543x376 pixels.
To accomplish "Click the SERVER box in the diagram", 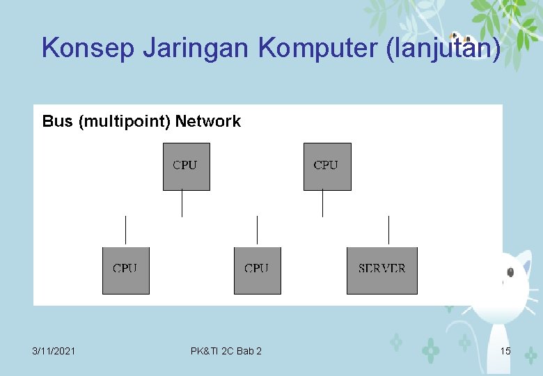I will (x=382, y=270).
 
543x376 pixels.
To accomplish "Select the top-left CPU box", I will (x=186, y=166).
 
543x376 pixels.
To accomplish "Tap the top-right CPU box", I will (x=326, y=166).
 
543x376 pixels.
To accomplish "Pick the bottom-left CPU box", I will (x=125, y=270).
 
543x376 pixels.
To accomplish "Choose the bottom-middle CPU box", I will (x=257, y=270).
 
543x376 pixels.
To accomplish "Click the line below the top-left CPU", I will (x=182, y=203).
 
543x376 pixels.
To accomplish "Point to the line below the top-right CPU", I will (x=322, y=203).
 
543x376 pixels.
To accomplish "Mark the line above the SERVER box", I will (x=388, y=230).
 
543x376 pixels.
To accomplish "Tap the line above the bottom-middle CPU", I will (x=257, y=230).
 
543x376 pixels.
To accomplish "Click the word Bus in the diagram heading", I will (x=57, y=122).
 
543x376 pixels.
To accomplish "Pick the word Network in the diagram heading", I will (x=207, y=122).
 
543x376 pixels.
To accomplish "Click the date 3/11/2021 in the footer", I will (x=54, y=351).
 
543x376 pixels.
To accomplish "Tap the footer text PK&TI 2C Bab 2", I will (x=226, y=351).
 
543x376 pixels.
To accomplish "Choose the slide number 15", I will (x=505, y=351).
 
